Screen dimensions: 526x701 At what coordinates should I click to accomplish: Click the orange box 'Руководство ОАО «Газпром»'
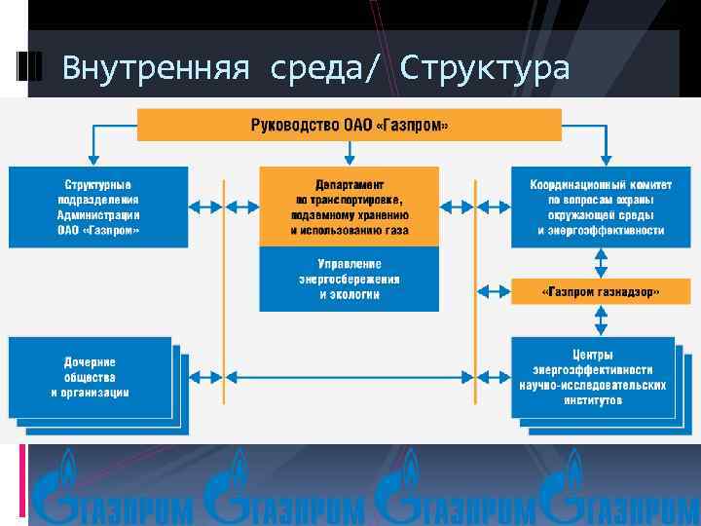click(x=350, y=125)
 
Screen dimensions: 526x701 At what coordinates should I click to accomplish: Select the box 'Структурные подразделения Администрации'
click(x=98, y=207)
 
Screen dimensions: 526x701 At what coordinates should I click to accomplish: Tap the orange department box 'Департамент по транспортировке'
click(x=349, y=207)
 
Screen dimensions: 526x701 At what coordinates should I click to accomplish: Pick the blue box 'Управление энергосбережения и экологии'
click(x=349, y=279)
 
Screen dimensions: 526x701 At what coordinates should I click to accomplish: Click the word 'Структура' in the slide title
click(x=484, y=68)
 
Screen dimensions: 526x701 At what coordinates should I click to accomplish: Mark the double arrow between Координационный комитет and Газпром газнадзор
click(x=601, y=263)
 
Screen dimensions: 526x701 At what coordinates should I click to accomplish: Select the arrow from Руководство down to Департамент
click(x=349, y=153)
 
